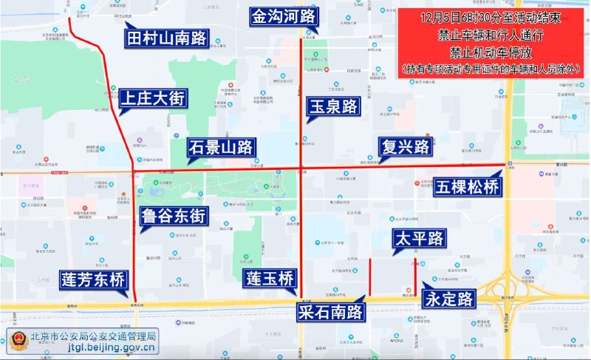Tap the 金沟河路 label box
click(x=283, y=16)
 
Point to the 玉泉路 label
click(x=334, y=106)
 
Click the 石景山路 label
click(x=221, y=146)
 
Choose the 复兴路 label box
click(x=405, y=146)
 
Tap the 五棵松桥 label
click(x=467, y=186)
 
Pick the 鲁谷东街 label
click(x=174, y=216)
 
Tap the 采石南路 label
click(x=332, y=312)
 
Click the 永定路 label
click(x=448, y=299)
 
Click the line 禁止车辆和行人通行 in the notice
click(x=491, y=35)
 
